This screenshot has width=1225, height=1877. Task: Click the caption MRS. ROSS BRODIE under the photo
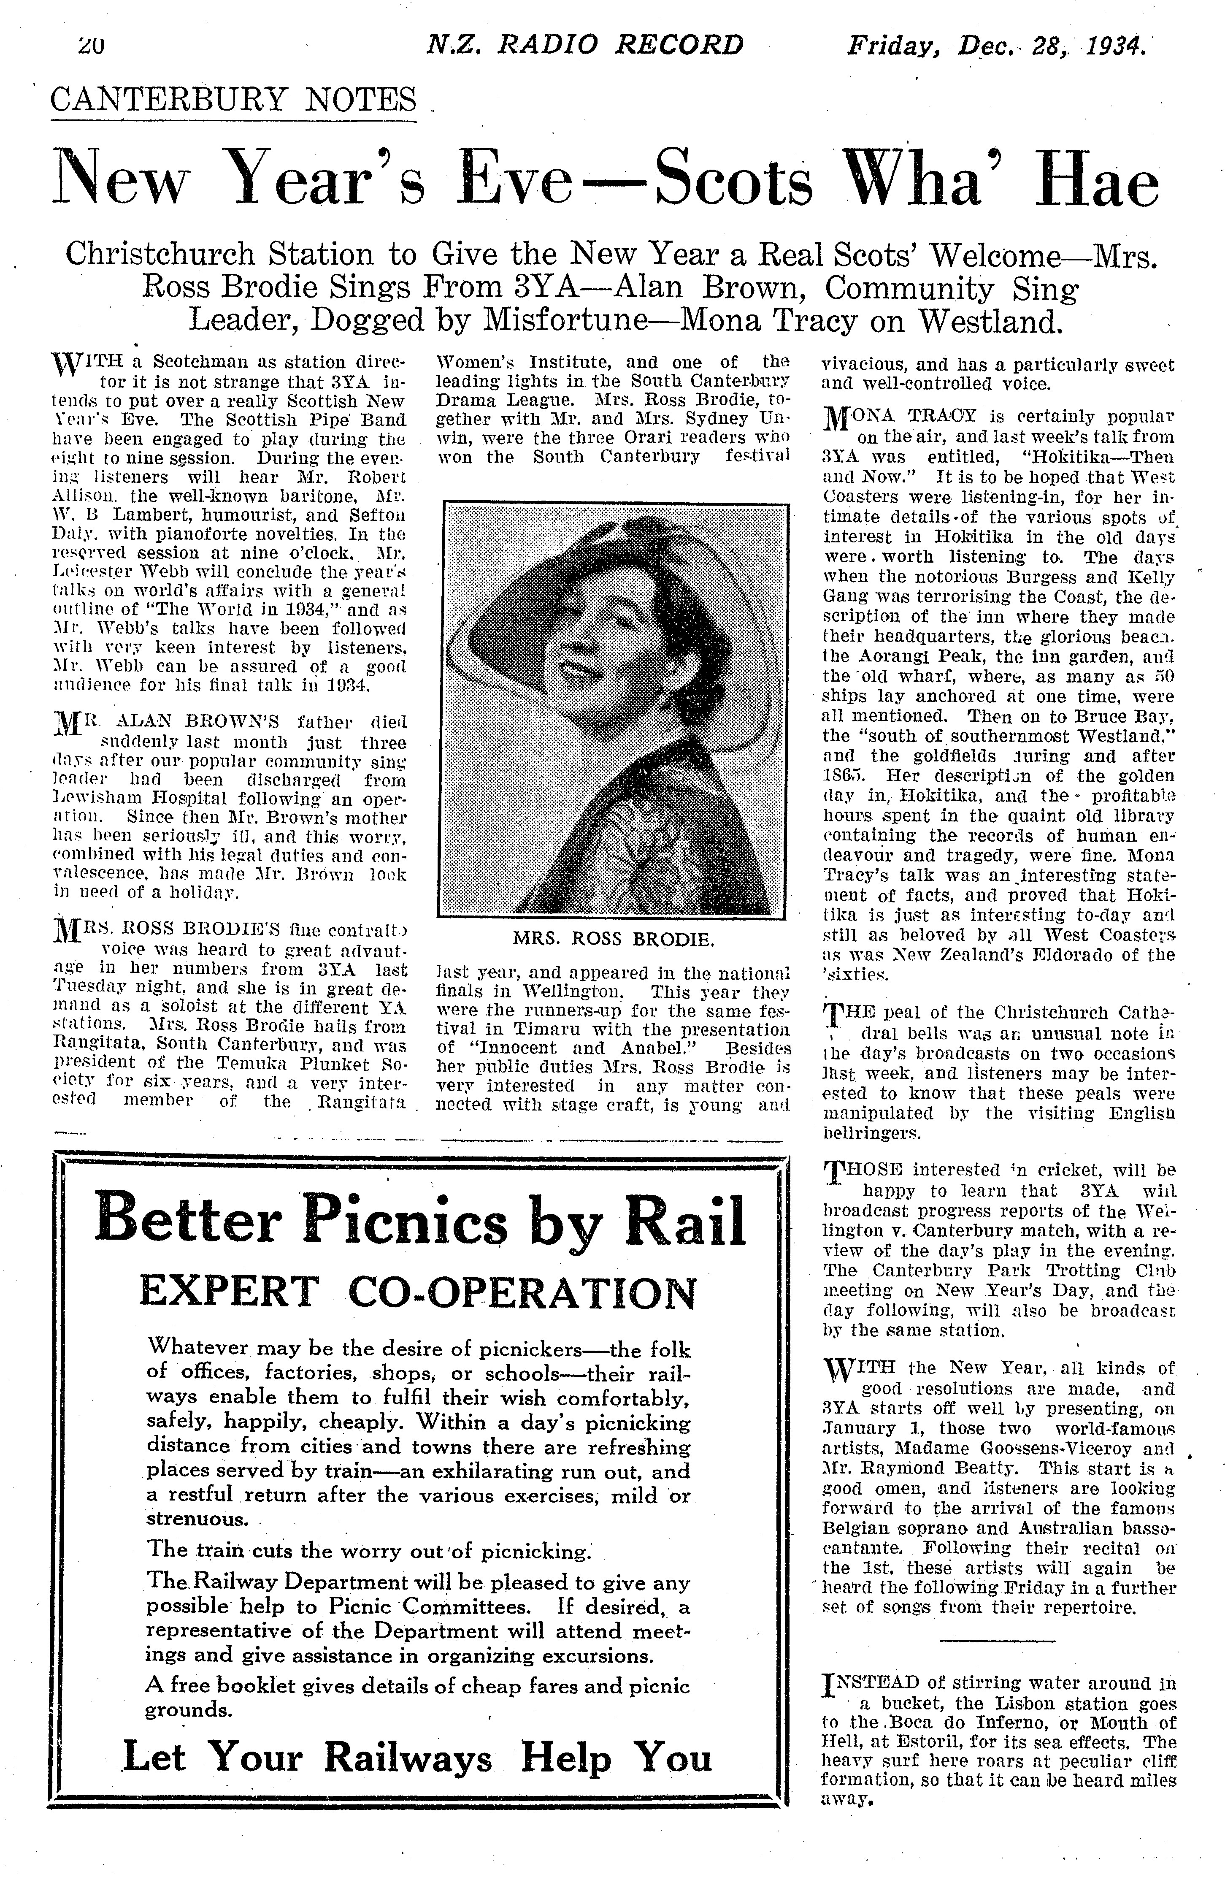(x=613, y=939)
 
